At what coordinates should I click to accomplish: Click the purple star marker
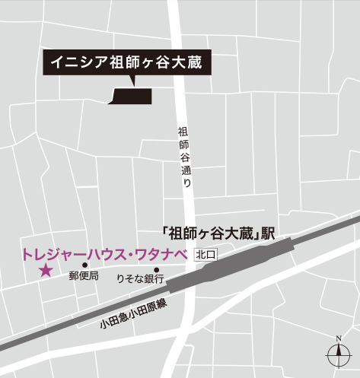[x=46, y=270]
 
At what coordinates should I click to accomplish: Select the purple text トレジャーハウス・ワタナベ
[x=100, y=254]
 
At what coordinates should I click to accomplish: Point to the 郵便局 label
[x=84, y=277]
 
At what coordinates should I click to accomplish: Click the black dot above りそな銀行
[x=156, y=269]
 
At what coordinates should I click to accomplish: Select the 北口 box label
[x=206, y=255]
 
